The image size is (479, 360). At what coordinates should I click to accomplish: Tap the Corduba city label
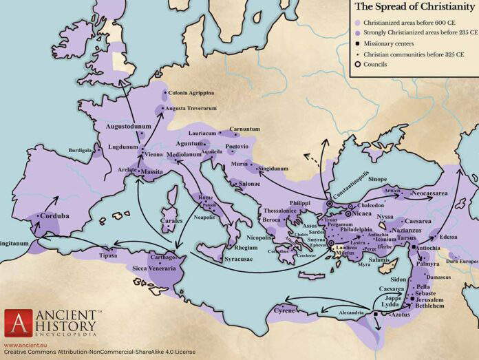[54, 215]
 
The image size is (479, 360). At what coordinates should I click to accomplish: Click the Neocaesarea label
[430, 193]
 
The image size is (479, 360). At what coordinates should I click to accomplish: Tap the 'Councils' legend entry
[376, 65]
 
